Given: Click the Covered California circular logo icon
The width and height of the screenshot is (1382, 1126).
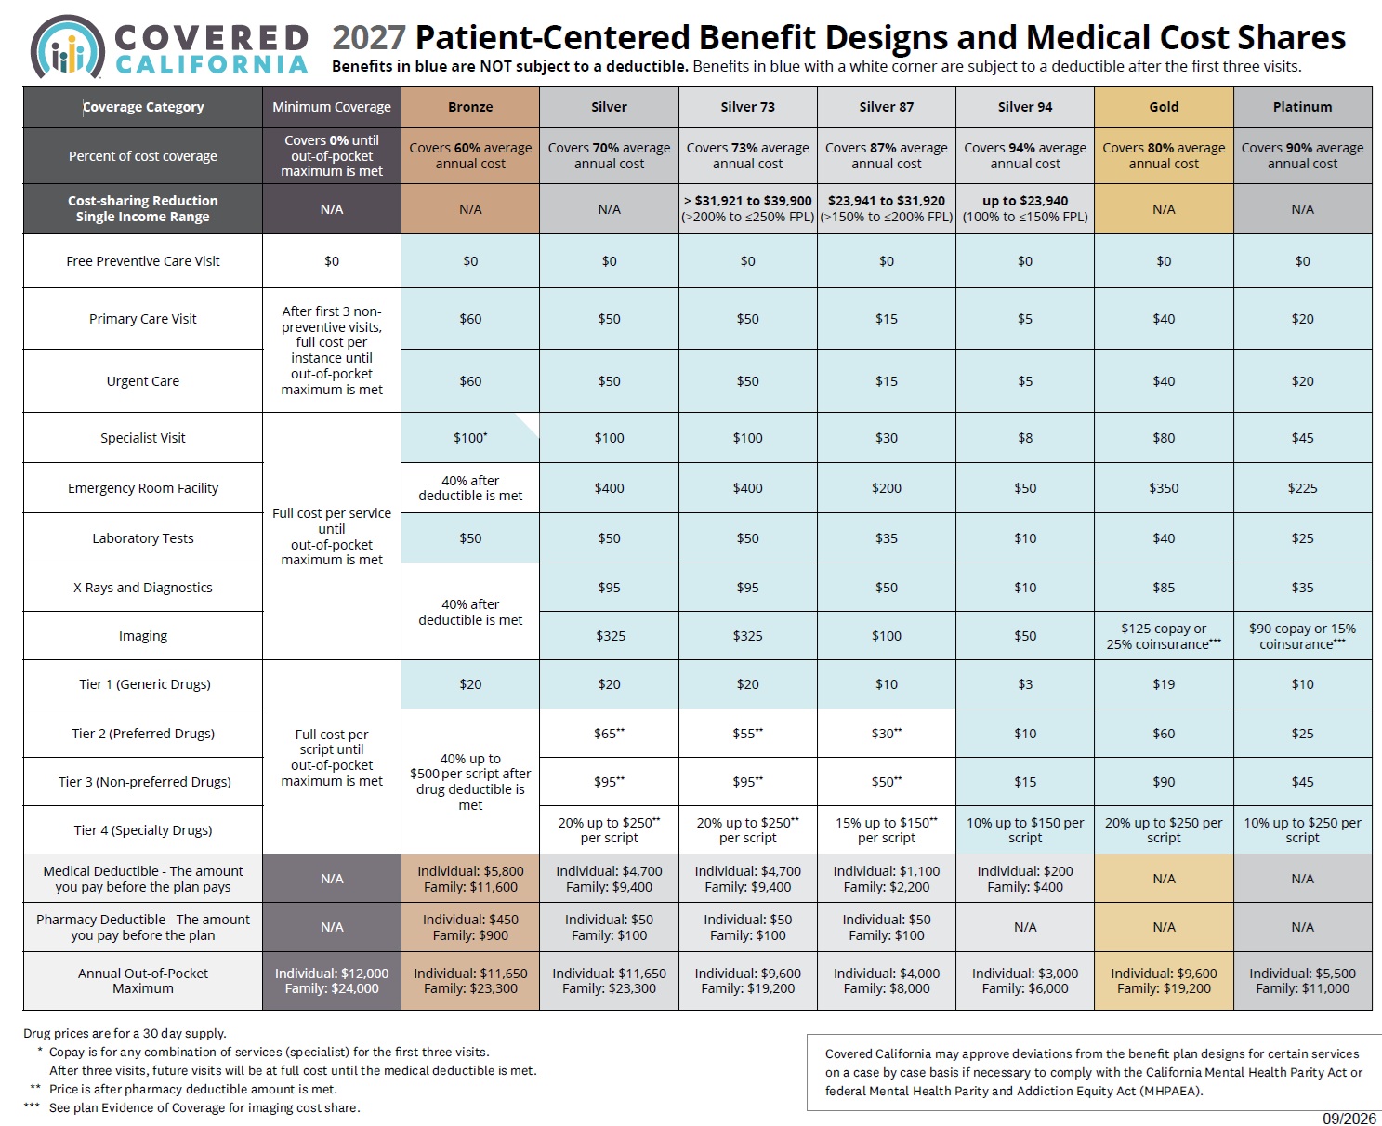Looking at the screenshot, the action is [68, 46].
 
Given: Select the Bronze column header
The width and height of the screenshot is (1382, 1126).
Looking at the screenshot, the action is [469, 107].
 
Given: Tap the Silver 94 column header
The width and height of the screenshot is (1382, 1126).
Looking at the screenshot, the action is [1024, 107].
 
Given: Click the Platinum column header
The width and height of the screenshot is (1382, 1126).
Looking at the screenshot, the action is [1302, 107].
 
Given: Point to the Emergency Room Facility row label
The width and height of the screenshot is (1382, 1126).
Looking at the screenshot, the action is [143, 488].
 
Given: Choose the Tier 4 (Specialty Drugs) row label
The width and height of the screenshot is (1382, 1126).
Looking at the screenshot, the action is [143, 830].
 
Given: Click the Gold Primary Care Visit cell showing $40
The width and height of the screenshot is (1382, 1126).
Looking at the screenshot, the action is [1164, 319].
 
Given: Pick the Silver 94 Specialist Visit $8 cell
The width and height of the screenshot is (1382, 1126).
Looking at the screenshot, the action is [1024, 438].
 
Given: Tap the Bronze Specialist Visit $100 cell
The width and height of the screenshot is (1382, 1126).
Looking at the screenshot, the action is [469, 438].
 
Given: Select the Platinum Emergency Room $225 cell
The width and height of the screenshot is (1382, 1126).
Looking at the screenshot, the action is [1302, 488].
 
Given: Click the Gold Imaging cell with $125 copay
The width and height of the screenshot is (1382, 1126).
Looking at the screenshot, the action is [1164, 636].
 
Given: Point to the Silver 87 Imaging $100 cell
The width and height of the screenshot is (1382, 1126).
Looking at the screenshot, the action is [887, 636].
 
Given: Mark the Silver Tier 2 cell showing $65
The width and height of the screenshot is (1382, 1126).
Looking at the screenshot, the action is [609, 734].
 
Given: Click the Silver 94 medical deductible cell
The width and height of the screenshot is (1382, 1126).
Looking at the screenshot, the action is [1024, 879].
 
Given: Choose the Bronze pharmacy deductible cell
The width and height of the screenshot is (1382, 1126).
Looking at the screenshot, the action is [469, 927].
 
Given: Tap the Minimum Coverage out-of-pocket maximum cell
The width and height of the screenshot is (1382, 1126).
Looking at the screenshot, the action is [332, 981].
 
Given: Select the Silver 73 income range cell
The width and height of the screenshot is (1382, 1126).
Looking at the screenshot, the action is [747, 209].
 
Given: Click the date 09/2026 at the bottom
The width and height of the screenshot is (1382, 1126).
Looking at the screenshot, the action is [1349, 1118].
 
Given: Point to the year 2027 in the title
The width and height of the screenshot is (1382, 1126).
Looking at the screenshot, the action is [369, 37].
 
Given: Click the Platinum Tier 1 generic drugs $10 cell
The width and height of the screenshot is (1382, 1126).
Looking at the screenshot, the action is [1302, 684].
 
